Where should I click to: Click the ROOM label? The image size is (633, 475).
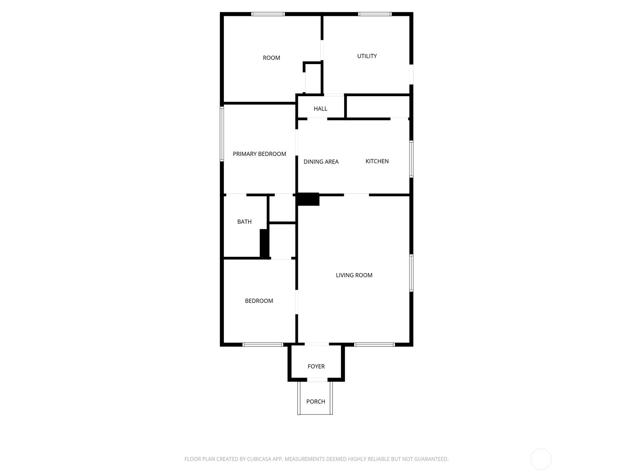(x=271, y=58)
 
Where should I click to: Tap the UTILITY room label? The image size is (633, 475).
(x=367, y=56)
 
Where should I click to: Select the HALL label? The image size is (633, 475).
(x=320, y=109)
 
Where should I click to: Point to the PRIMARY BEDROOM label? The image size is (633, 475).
(x=259, y=154)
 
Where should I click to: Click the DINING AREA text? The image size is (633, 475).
(x=321, y=162)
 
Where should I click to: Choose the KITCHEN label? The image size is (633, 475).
(x=377, y=161)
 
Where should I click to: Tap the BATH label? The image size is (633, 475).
(x=244, y=222)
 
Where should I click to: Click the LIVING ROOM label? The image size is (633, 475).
(x=354, y=275)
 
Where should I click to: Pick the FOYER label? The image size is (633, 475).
(x=316, y=366)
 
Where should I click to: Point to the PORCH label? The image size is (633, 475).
(x=315, y=401)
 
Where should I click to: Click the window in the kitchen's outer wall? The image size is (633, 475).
(x=411, y=159)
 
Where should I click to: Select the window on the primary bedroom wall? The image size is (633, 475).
(x=222, y=133)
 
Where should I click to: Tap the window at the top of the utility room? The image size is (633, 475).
(x=375, y=14)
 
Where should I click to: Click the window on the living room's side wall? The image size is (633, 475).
(x=411, y=273)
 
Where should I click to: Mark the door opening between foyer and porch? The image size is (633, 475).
(x=317, y=380)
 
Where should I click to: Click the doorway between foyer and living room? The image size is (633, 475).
(x=316, y=344)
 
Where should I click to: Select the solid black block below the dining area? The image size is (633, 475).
(x=308, y=199)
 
